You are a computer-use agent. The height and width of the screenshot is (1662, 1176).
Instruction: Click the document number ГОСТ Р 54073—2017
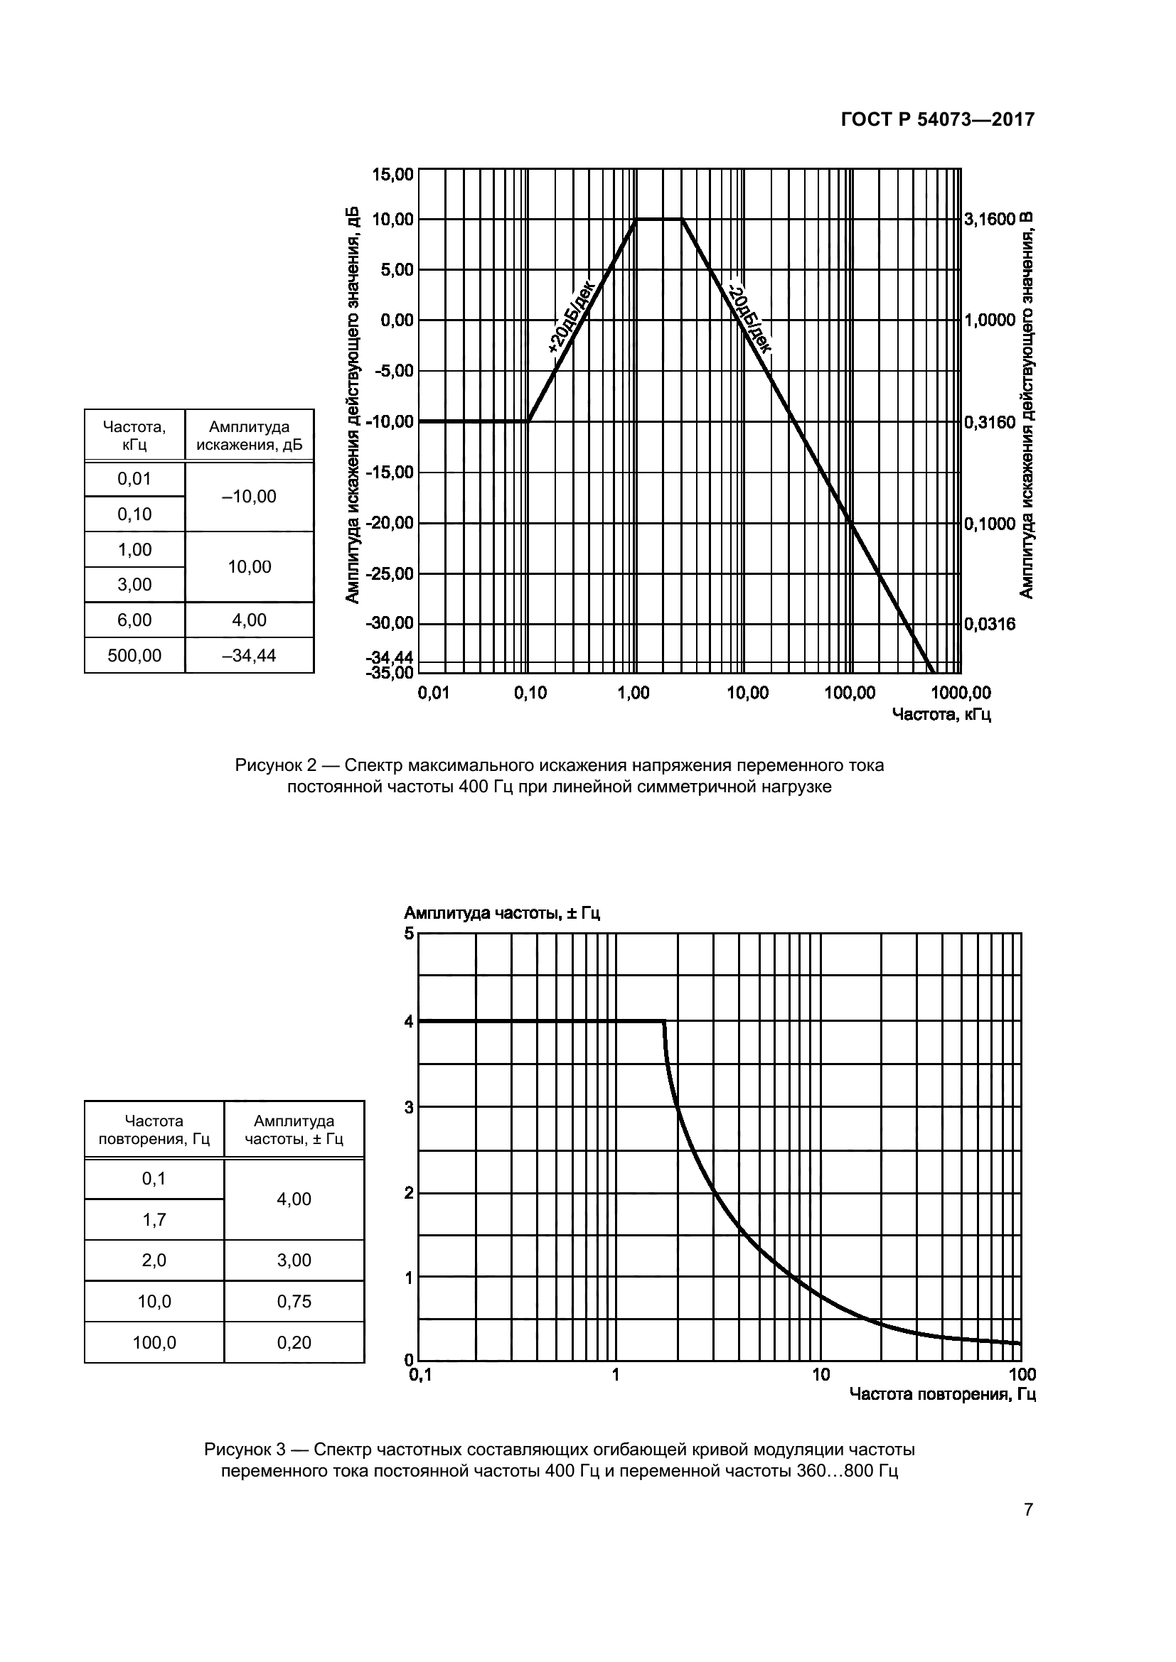point(937,120)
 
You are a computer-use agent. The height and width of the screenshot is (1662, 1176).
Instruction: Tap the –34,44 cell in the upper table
point(249,656)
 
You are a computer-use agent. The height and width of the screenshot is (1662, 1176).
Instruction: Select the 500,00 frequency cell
point(134,656)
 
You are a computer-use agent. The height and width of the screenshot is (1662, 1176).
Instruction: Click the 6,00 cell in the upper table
point(134,620)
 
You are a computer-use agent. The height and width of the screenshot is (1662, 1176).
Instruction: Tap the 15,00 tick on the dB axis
point(392,175)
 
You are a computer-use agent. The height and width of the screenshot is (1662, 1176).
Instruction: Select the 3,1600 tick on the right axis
point(990,220)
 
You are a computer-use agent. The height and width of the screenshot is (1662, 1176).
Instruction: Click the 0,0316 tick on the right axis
point(990,624)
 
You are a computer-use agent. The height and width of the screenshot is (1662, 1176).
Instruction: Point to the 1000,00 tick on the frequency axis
point(960,694)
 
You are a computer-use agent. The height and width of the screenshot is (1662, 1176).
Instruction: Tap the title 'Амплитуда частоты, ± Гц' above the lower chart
point(502,914)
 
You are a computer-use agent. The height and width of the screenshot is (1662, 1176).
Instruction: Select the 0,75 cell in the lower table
point(294,1302)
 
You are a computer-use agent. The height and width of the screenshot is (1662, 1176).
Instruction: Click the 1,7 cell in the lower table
point(154,1220)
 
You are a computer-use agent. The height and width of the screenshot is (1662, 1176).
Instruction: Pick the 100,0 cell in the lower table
point(154,1343)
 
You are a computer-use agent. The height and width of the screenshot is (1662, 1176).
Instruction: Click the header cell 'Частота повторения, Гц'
point(154,1130)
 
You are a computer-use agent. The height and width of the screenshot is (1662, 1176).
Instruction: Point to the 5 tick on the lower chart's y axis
point(409,934)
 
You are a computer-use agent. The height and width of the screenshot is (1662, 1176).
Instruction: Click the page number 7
point(1028,1510)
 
